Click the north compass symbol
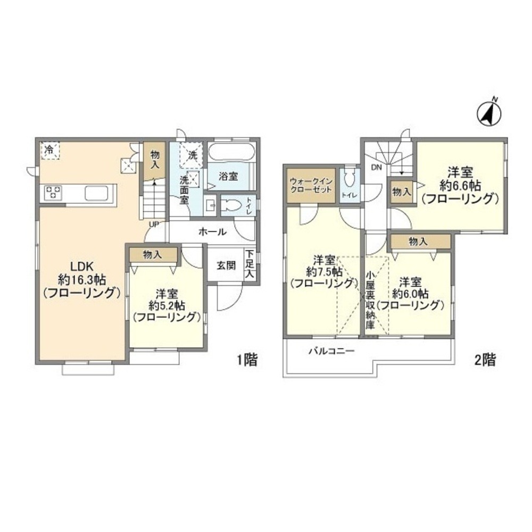point(489,112)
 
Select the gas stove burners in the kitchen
point(53,192)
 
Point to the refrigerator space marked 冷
point(50,151)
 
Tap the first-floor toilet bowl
point(231,205)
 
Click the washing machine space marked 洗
point(191,155)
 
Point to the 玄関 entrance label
point(226,265)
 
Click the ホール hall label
point(212,232)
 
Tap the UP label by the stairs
point(153,225)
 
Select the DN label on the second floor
point(376,167)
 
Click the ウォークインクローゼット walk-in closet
point(311,185)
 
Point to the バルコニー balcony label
point(331,351)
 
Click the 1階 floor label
point(247,360)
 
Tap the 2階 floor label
point(485,360)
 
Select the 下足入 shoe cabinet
point(250,264)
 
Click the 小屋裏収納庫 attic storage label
point(370,301)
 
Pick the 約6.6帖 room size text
point(460,185)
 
